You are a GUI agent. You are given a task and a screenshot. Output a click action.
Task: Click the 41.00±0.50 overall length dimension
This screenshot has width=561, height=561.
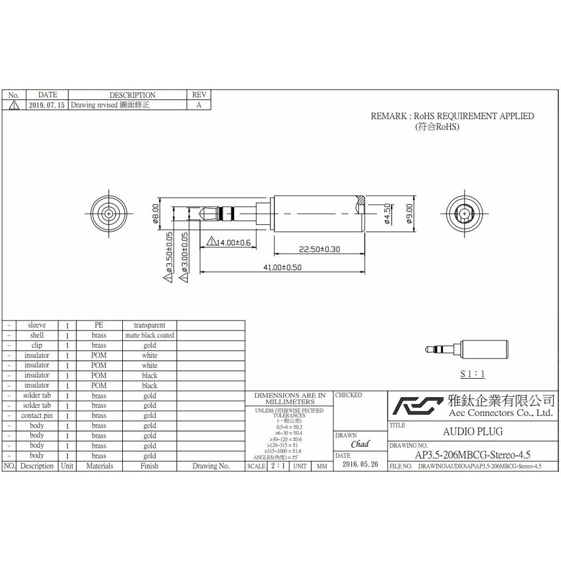point(282,268)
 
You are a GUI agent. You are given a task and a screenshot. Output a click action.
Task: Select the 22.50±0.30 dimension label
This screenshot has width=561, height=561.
point(319,249)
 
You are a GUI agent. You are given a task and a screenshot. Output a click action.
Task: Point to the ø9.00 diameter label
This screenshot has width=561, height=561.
point(409,213)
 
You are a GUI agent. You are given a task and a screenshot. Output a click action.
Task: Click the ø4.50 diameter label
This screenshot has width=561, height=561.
point(387,213)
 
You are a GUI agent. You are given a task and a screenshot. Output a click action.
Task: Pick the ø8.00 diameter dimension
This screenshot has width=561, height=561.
point(155,213)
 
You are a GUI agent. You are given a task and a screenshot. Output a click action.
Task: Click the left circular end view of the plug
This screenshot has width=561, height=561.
point(108,213)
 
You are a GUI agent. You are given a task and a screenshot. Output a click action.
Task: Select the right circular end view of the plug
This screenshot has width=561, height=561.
point(463,213)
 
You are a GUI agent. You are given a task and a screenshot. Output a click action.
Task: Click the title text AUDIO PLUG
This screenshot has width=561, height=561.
point(465,431)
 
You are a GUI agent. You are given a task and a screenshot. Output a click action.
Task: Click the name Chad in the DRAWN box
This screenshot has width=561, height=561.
point(360,444)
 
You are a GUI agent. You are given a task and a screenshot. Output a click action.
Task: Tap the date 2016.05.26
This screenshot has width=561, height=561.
point(360,465)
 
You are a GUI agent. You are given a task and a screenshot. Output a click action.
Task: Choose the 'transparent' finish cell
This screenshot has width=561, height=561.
point(149,325)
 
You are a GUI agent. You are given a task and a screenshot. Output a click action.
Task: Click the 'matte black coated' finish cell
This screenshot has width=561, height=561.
point(149,335)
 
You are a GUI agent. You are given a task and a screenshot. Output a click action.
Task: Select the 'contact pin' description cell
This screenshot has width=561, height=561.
point(36,416)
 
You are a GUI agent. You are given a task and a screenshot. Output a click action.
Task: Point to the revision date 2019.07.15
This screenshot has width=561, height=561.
point(46,105)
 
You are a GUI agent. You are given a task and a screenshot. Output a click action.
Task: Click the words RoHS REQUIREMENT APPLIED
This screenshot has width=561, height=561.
point(473,116)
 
